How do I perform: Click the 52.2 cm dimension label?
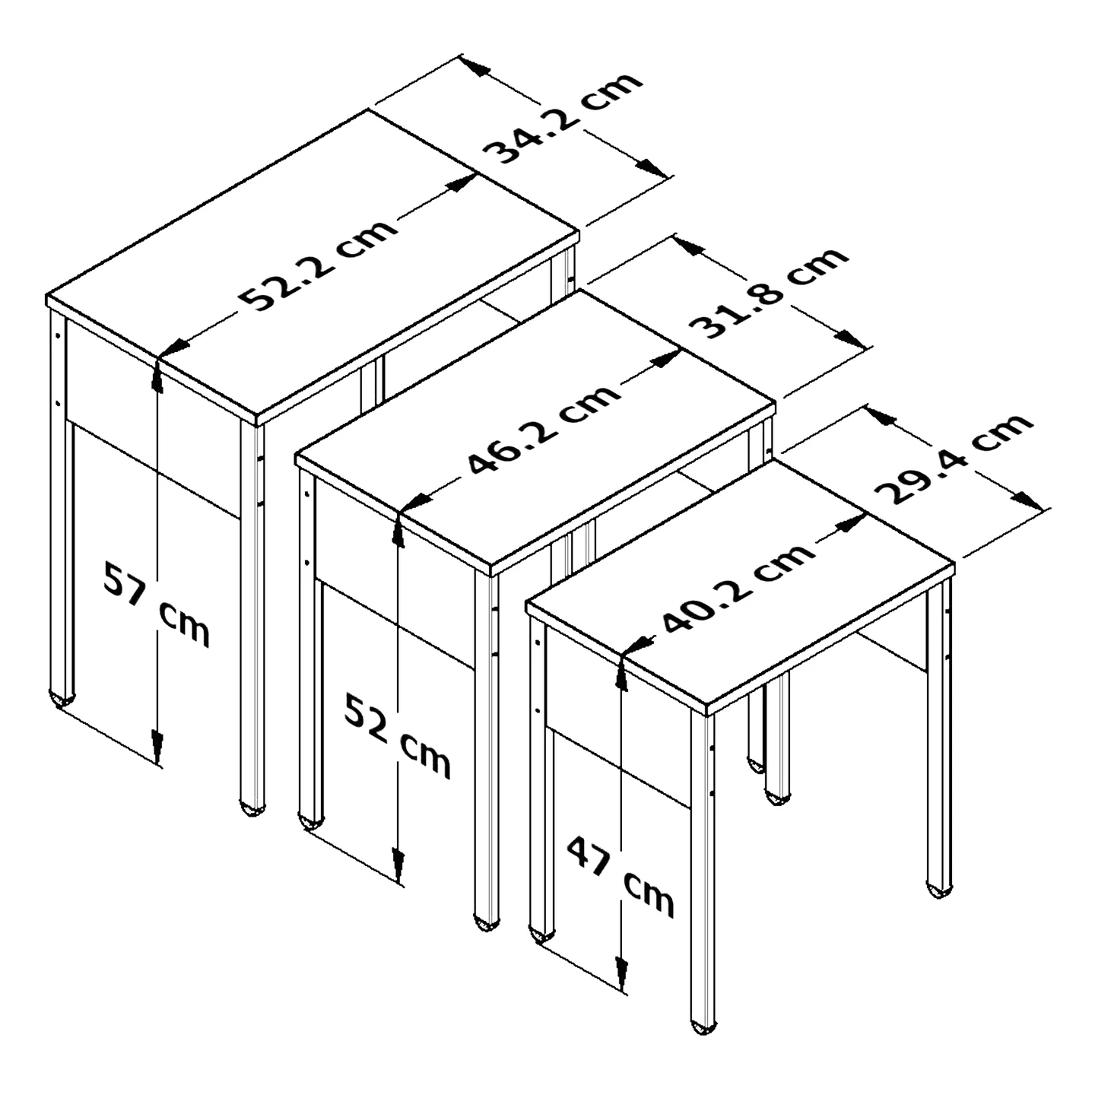pyautogui.click(x=318, y=264)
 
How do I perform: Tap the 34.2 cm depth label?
pyautogui.click(x=563, y=118)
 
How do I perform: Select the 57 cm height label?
pyautogui.click(x=157, y=604)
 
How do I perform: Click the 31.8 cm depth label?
pyautogui.click(x=768, y=293)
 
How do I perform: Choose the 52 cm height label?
pyautogui.click(x=398, y=736)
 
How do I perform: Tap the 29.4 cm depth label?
pyautogui.click(x=953, y=458)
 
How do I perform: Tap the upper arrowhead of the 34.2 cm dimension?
pyautogui.click(x=475, y=65)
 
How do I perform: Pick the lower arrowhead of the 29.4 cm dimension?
pyautogui.click(x=1030, y=500)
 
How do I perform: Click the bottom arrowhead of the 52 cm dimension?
pyautogui.click(x=398, y=867)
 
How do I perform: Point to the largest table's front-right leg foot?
pyautogui.click(x=252, y=808)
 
